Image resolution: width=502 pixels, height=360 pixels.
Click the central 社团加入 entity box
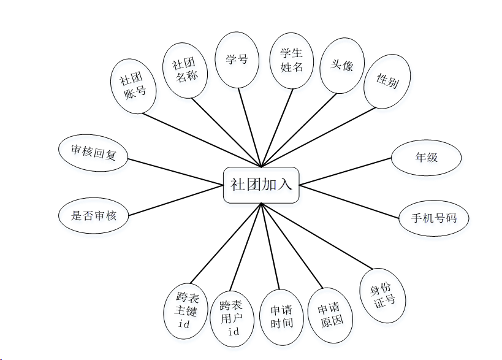tap(261, 185)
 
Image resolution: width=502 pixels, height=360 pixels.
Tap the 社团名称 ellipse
tap(186, 70)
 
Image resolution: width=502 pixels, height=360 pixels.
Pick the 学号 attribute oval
tap(237, 59)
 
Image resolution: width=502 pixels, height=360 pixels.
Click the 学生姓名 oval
tap(292, 60)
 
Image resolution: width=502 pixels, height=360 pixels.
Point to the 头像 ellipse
tap(342, 65)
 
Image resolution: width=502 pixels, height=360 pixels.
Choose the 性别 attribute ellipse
tap(387, 82)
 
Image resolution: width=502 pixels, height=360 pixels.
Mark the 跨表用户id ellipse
tap(232, 318)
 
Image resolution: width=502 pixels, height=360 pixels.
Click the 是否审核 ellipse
tap(93, 215)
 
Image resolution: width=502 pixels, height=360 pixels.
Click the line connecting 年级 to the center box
tap(346, 170)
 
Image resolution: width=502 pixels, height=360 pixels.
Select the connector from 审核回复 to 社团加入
tap(176, 170)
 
